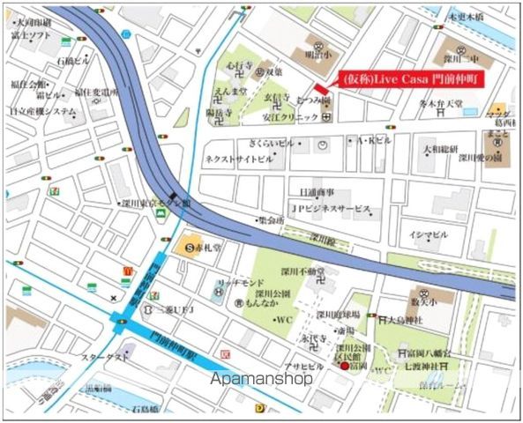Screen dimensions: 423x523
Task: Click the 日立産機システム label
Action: [x=42, y=111]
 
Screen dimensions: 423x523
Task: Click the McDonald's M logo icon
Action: [x=127, y=271]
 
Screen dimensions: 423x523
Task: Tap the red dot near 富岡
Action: [x=344, y=366]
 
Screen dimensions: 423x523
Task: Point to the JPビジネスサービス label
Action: [x=330, y=210]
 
